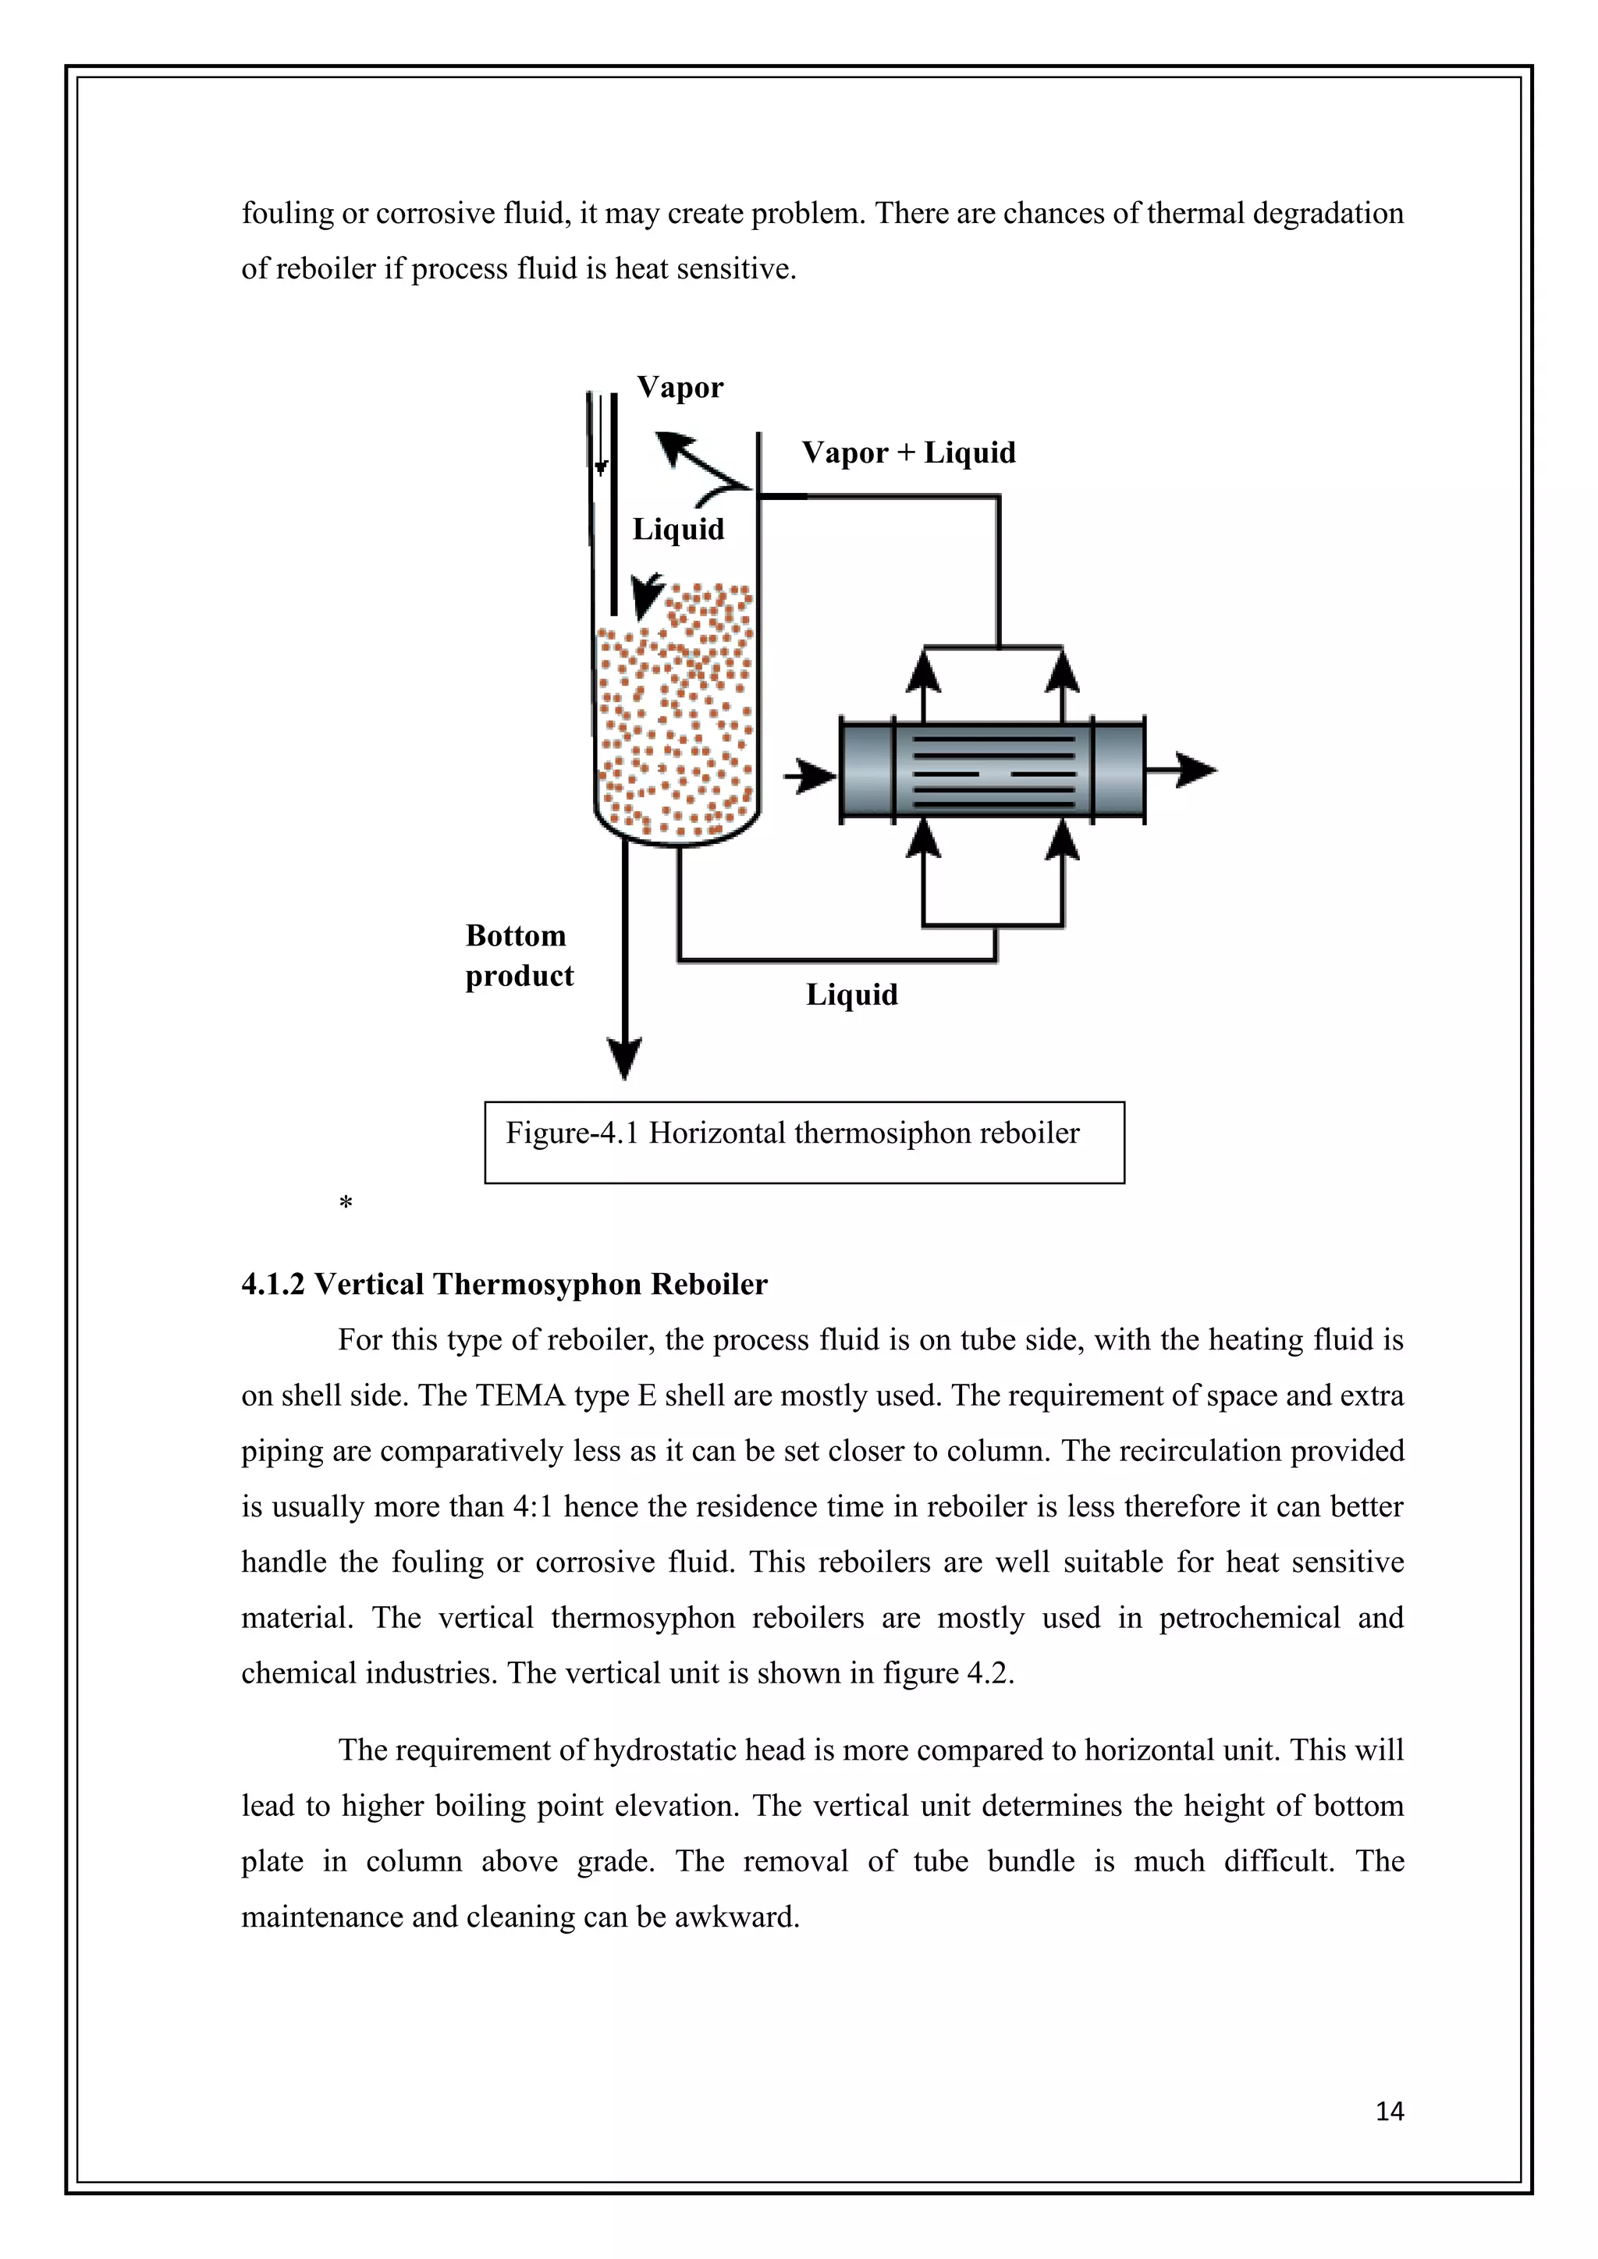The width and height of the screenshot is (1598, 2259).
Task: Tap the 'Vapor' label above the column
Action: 680,388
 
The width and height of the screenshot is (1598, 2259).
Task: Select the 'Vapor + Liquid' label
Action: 908,452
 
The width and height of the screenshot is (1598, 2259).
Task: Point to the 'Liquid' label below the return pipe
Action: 851,995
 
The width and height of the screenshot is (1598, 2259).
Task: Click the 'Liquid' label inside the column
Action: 678,530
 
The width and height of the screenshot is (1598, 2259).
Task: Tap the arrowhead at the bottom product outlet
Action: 625,1059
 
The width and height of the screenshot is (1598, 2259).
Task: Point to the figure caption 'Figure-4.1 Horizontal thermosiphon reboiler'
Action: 792,1133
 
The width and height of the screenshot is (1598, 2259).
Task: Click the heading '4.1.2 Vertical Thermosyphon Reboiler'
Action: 504,1284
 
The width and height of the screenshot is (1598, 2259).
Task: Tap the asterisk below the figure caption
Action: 346,1202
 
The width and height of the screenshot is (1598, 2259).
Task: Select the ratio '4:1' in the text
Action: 532,1506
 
